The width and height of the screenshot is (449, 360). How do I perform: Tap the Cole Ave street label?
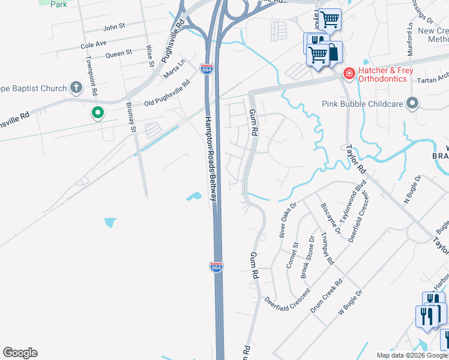coord(93,44)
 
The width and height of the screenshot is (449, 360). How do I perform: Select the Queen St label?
coord(118,53)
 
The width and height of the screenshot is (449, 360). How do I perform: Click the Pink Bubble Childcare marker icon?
coord(412,104)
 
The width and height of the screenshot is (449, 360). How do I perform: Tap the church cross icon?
coord(76,88)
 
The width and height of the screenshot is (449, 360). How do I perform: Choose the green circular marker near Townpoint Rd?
coord(97,112)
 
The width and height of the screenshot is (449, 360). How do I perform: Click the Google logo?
coord(20,353)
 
